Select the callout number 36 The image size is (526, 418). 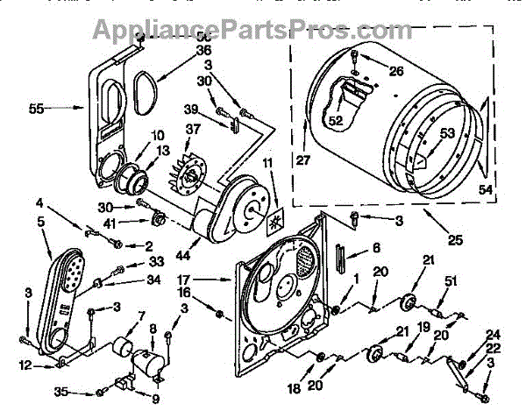tap(203, 51)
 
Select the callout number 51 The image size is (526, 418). tap(451, 280)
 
